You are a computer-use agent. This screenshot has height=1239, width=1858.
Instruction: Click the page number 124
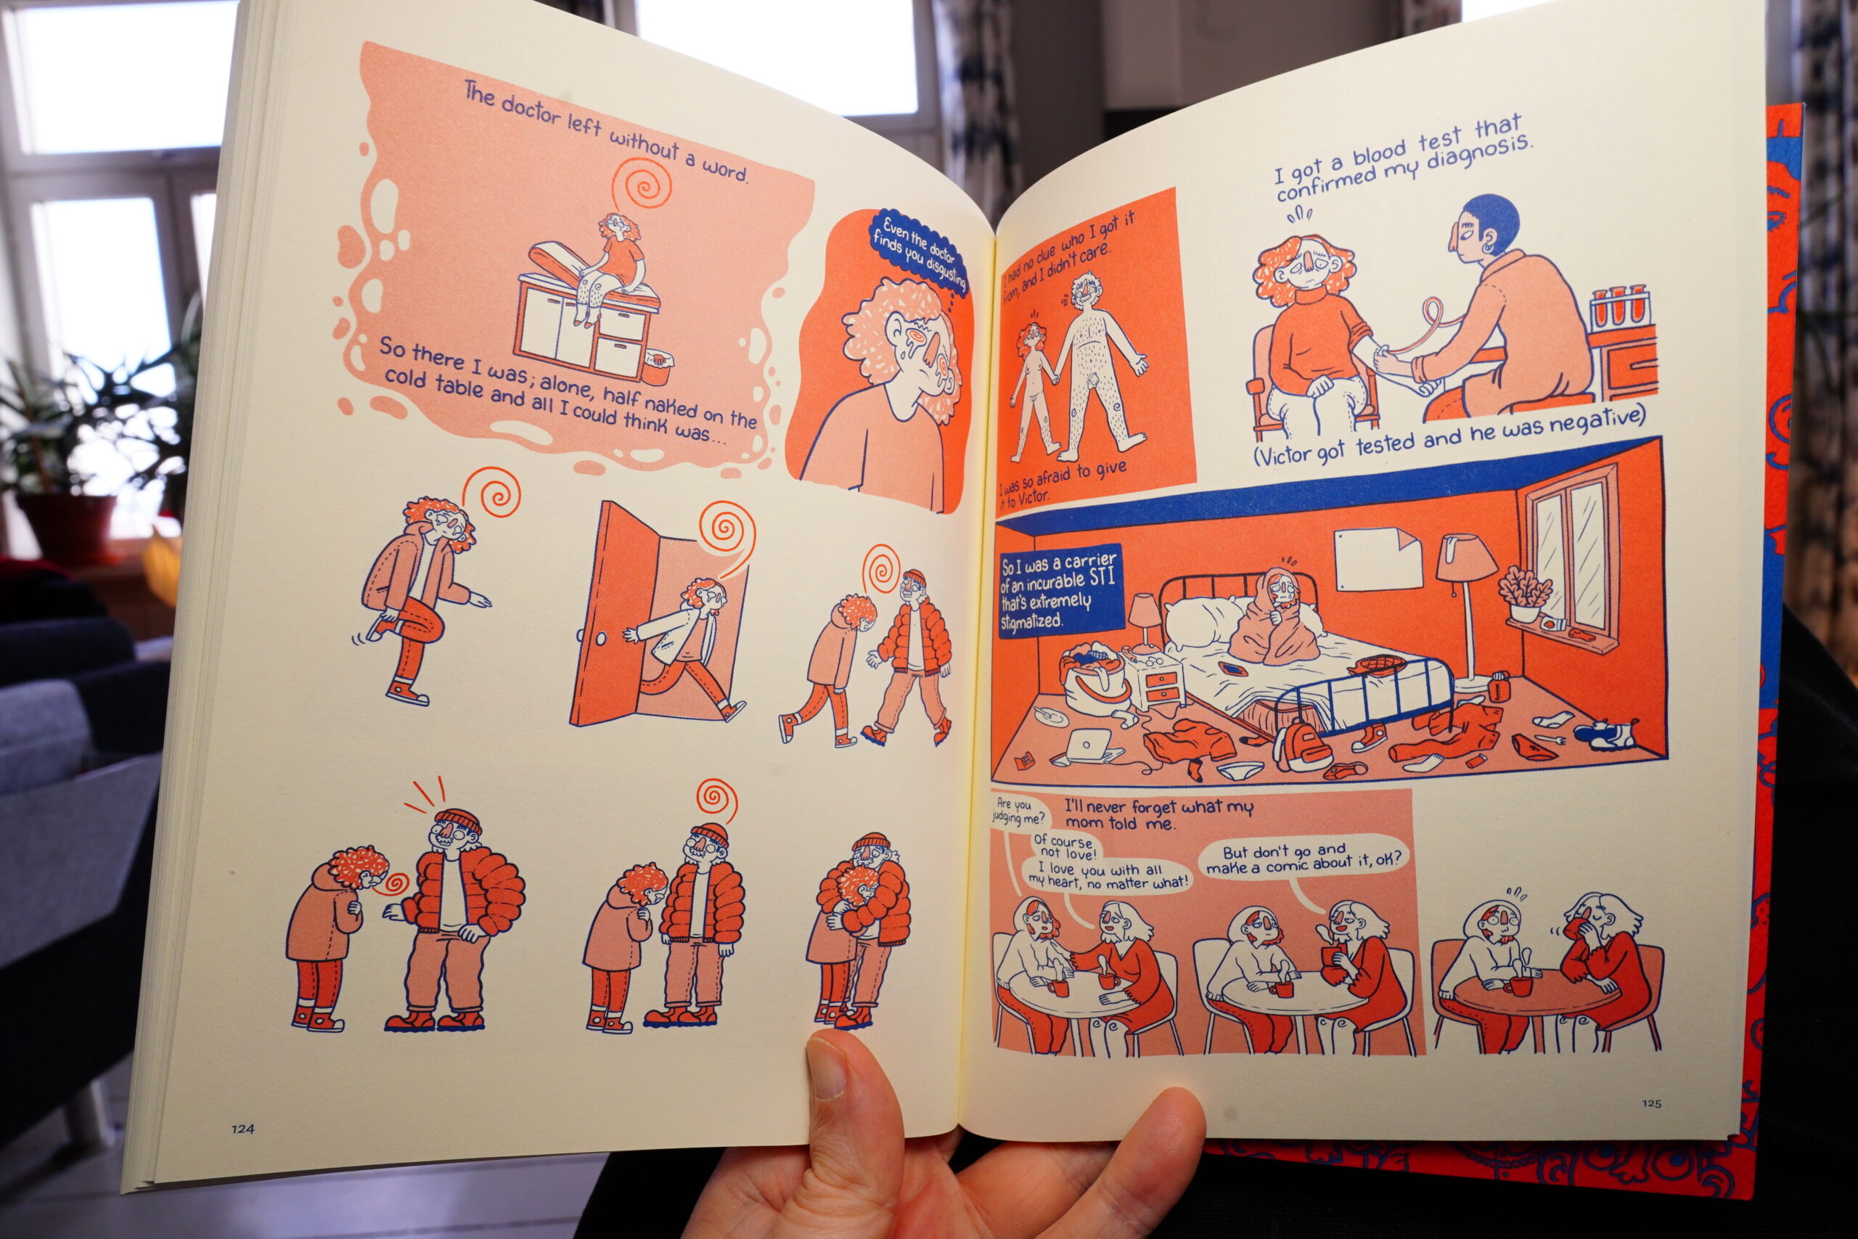point(242,1129)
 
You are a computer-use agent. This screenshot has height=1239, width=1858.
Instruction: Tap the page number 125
point(1652,1103)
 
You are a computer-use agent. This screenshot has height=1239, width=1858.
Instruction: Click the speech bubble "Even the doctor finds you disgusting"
point(919,250)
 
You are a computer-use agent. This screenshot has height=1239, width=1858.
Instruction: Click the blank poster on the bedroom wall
point(1378,553)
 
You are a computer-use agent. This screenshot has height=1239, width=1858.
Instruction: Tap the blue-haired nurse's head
point(1481,230)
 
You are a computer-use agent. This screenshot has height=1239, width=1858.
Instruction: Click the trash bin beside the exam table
point(659,367)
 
